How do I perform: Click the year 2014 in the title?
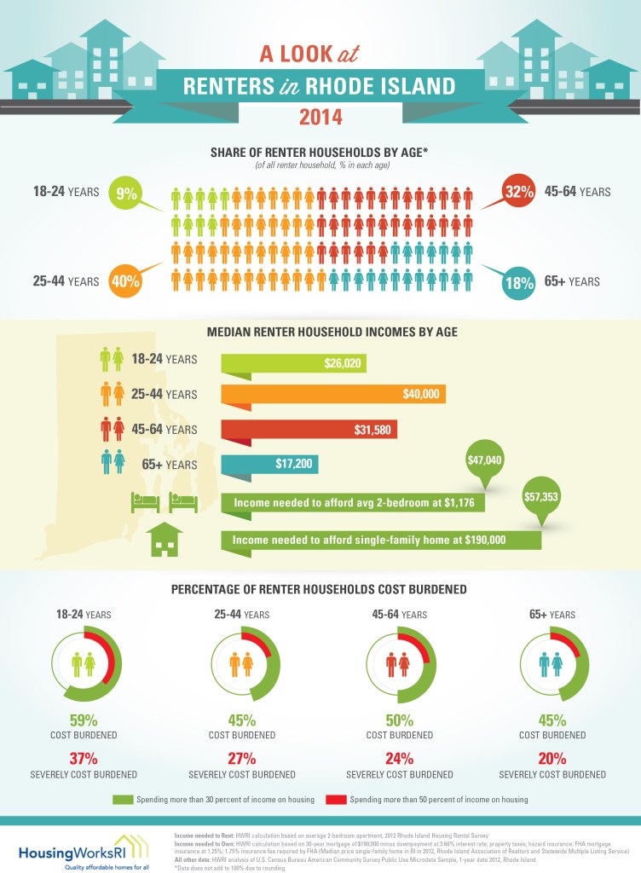pyautogui.click(x=320, y=117)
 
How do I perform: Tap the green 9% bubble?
pyautogui.click(x=127, y=194)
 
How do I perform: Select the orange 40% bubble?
pyautogui.click(x=125, y=280)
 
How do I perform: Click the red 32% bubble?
pyautogui.click(x=515, y=193)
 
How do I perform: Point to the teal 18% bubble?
pyautogui.click(x=515, y=282)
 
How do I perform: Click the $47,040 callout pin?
pyautogui.click(x=484, y=461)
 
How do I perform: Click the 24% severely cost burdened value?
pyautogui.click(x=400, y=758)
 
